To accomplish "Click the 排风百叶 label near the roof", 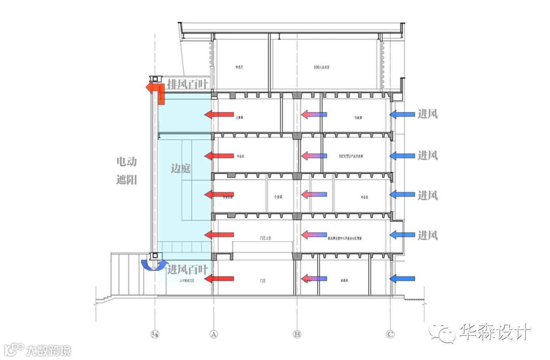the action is pos(187,84).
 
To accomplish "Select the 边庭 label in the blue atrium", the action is pos(181,168).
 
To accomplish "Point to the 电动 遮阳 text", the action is pos(126,171).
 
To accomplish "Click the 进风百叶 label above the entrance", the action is pos(187,270).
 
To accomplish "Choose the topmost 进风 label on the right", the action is pos(428,114).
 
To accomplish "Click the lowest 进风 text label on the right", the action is pos(428,235).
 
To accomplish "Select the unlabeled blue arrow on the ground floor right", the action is pos(402,279).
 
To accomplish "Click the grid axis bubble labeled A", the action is pos(214,334).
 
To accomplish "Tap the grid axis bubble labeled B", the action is pos(297,334).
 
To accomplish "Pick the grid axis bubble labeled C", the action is pos(390,334).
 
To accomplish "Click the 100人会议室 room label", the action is pos(321,67).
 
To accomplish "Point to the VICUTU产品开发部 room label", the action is pos(351,156).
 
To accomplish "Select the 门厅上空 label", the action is pos(265,238).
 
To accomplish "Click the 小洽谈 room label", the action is pos(278,197).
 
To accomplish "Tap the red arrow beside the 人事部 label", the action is pos(219,114).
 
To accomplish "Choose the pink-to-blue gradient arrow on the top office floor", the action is pos(314,114).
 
